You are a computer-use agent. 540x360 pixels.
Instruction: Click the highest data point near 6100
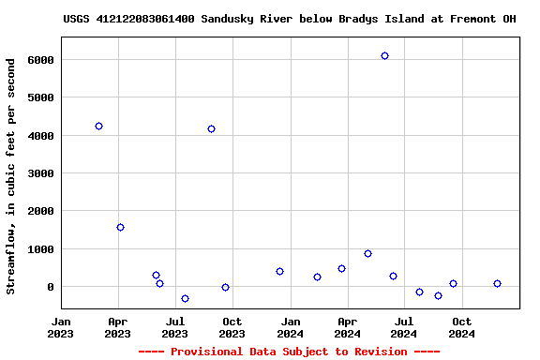pos(384,56)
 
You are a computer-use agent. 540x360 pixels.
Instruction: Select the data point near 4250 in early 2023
pos(98,126)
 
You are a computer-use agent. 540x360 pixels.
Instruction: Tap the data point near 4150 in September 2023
pos(211,128)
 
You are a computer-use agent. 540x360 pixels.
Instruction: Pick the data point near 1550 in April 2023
pos(120,227)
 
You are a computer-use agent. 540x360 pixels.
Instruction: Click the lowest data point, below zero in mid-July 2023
pos(185,298)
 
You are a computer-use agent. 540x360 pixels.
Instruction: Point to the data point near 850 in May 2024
pos(367,253)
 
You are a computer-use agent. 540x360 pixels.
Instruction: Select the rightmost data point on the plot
pos(497,283)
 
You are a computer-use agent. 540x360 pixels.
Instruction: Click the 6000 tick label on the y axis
pos(39,60)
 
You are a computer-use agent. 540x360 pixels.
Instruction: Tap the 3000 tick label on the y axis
pos(39,173)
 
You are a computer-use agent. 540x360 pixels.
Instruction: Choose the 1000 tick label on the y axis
pos(39,249)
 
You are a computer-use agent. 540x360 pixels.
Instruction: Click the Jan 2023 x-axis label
pos(61,327)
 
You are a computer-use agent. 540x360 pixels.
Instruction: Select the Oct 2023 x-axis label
pos(232,327)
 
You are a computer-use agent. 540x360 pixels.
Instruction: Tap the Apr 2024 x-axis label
pos(347,327)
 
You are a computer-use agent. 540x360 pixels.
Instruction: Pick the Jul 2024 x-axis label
pos(404,327)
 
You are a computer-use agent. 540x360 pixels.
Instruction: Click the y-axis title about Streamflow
pos(11,176)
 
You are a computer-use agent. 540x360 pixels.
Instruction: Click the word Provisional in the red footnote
pos(202,352)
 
